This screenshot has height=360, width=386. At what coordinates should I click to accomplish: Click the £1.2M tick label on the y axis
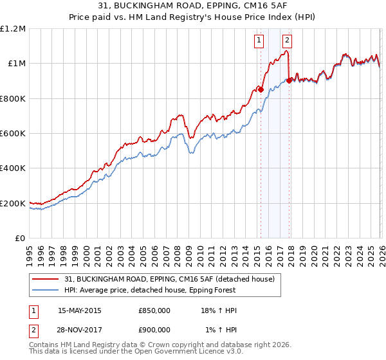(13, 29)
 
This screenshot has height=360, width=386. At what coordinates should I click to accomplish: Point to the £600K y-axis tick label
(13, 134)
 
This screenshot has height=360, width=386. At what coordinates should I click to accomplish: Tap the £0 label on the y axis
(20, 239)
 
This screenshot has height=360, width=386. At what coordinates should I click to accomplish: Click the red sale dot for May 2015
(261, 90)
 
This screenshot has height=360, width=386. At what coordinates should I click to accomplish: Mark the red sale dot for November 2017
(289, 81)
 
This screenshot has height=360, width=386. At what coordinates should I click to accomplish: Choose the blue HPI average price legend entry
(154, 291)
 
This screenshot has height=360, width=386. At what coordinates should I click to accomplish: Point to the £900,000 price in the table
(154, 329)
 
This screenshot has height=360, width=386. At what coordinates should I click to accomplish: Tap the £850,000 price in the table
(154, 311)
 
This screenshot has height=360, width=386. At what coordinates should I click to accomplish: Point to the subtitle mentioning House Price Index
(193, 19)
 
